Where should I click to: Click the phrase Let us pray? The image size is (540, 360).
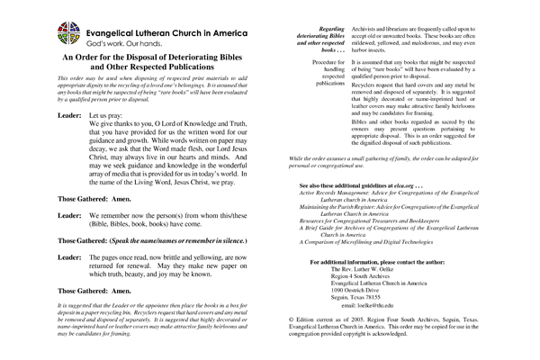pyautogui.click(x=105, y=118)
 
